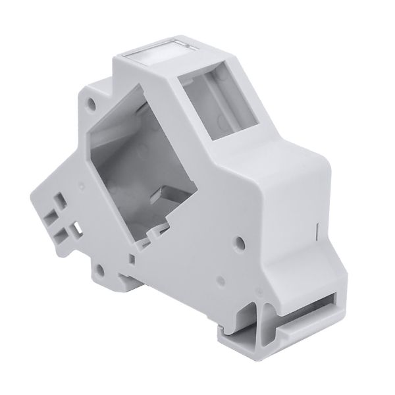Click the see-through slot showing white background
tap(78, 226)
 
